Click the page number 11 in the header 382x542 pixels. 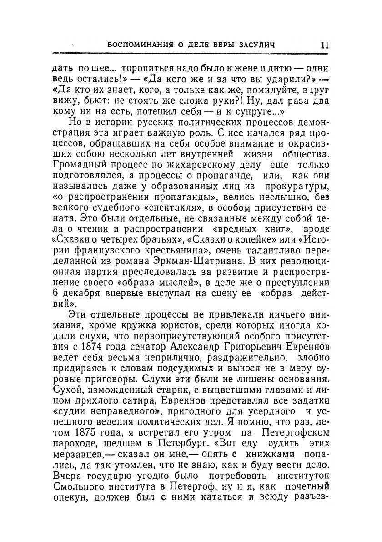(324, 45)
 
